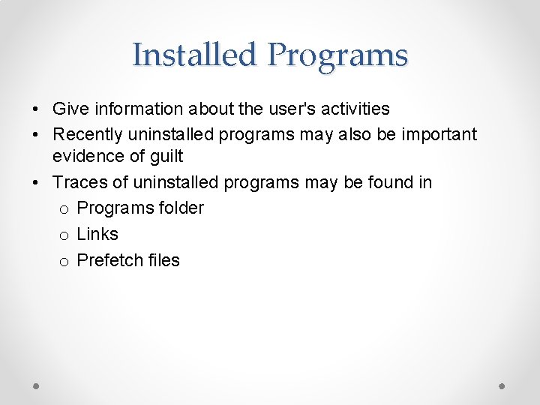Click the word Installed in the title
(x=195, y=55)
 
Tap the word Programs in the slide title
(x=337, y=55)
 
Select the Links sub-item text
(x=97, y=234)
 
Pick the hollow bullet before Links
(x=64, y=235)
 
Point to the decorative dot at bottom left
(x=37, y=385)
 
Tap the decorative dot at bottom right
(x=502, y=385)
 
